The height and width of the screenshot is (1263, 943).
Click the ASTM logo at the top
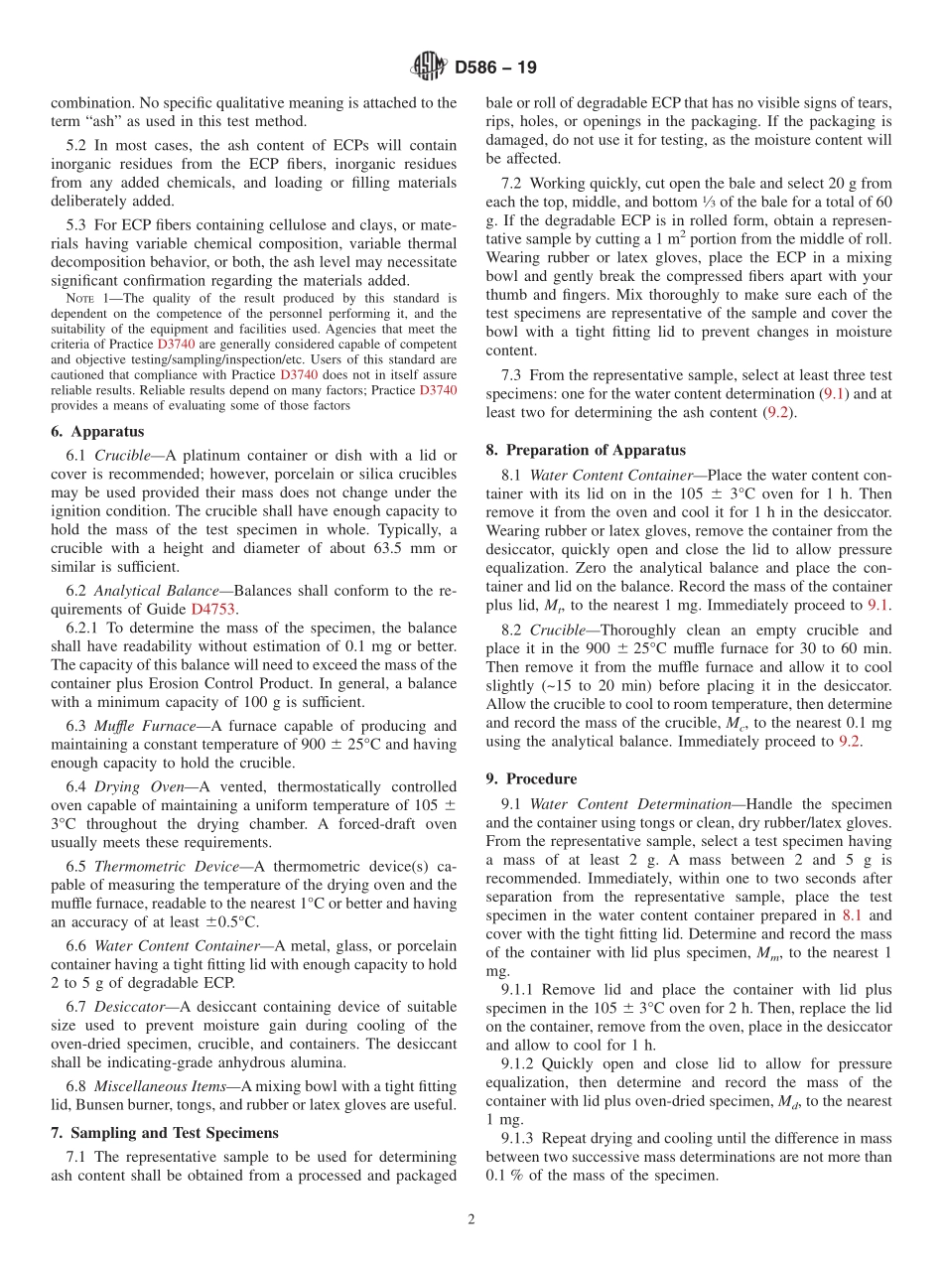(x=429, y=68)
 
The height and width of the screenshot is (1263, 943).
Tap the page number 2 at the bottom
(x=471, y=1220)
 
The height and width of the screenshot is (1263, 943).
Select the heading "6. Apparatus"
(x=97, y=432)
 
